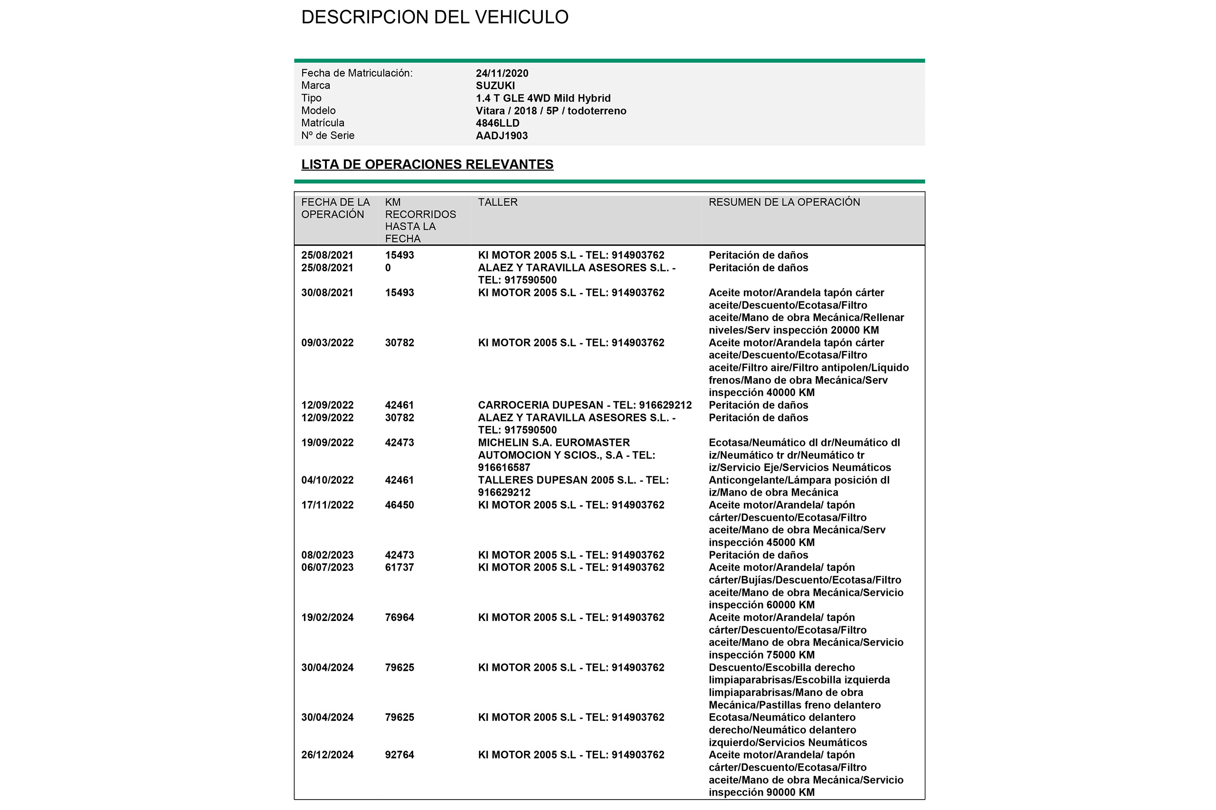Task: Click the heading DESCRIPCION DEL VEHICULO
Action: click(x=435, y=17)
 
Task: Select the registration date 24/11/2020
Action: click(x=502, y=73)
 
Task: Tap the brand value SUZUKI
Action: click(x=495, y=86)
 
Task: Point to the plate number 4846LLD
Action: click(x=497, y=123)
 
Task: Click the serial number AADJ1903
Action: click(x=501, y=135)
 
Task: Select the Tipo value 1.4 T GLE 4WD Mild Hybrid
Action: click(x=542, y=98)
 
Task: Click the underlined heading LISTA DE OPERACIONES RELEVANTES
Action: click(x=427, y=164)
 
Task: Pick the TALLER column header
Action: click(x=497, y=202)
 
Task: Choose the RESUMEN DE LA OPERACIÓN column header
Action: click(x=784, y=202)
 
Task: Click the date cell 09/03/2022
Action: click(x=327, y=342)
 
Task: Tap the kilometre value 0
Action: click(x=388, y=268)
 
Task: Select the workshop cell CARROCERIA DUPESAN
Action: click(x=584, y=405)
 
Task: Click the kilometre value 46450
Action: click(x=399, y=505)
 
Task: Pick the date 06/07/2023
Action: click(x=327, y=567)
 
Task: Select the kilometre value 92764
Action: click(x=399, y=755)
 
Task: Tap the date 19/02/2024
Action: click(x=327, y=617)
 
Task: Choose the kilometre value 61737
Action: click(x=399, y=567)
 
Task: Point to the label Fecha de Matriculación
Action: click(x=357, y=73)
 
